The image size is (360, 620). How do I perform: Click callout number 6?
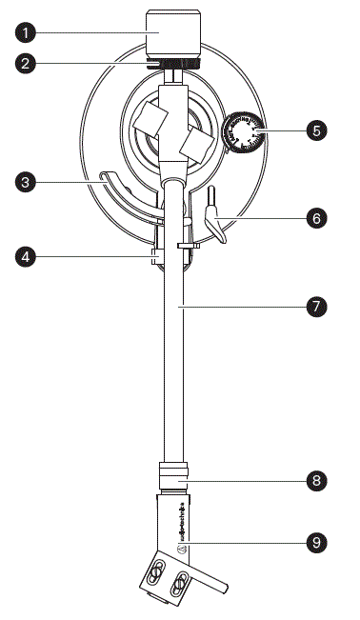tap(317, 216)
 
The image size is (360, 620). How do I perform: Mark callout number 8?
tap(317, 481)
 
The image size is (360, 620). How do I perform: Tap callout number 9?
tap(317, 543)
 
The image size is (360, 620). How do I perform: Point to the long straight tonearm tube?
tap(172, 362)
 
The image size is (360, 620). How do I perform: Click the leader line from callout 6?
tap(267, 216)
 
